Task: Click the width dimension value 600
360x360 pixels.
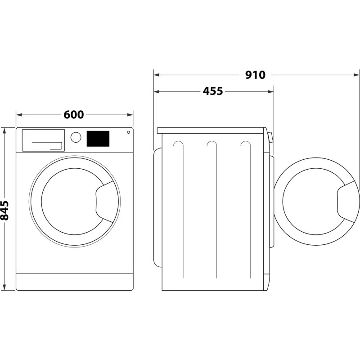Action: pyautogui.click(x=73, y=115)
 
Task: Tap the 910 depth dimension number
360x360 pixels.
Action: pyautogui.click(x=255, y=75)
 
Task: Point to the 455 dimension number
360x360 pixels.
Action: pyautogui.click(x=212, y=91)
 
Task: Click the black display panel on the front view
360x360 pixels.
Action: pyautogui.click(x=98, y=139)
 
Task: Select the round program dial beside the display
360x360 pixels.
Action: pyautogui.click(x=76, y=137)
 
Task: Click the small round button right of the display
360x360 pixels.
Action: pyautogui.click(x=128, y=132)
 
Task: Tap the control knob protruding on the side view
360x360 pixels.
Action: pyautogui.click(x=270, y=137)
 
